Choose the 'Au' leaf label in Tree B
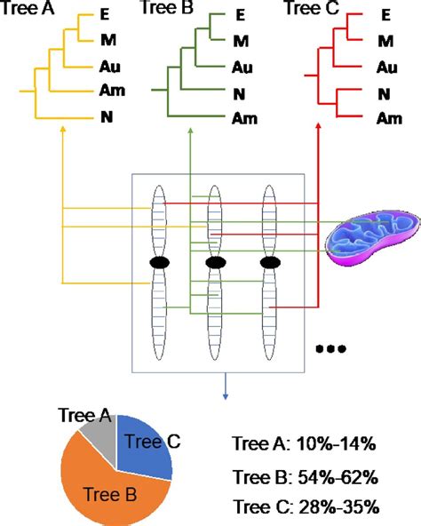click(x=242, y=67)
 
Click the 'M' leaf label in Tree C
click(x=385, y=41)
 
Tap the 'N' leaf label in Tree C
click(x=385, y=92)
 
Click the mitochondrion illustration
click(x=366, y=238)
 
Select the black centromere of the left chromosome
click(x=160, y=263)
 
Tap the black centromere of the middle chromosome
click(x=215, y=263)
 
